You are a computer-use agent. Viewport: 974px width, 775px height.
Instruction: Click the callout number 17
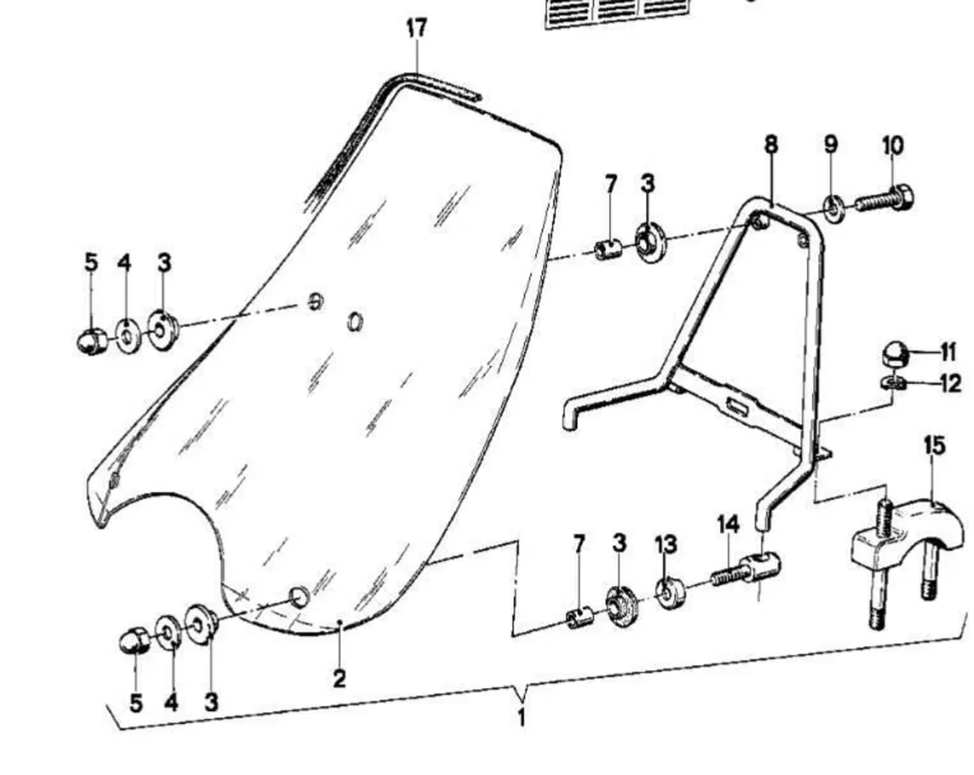point(416,28)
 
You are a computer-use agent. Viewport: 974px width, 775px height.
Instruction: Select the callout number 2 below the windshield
point(339,678)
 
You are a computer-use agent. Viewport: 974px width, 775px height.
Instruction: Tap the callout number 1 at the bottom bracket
point(521,718)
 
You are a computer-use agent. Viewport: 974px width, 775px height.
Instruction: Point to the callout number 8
point(771,144)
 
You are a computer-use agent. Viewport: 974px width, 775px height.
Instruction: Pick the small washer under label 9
point(832,209)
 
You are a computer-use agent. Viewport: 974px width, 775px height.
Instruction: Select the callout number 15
point(935,446)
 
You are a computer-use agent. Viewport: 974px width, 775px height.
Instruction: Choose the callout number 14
point(728,525)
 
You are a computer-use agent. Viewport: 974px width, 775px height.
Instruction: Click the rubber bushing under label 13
point(670,593)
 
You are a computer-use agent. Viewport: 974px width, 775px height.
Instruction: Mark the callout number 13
point(666,545)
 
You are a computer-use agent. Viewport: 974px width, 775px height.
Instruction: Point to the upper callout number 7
point(611,184)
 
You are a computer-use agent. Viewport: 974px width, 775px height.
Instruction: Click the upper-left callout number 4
point(124,263)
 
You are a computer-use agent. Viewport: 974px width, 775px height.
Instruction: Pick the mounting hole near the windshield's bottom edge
point(300,598)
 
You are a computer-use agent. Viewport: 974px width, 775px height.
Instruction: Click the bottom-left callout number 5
point(136,703)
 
